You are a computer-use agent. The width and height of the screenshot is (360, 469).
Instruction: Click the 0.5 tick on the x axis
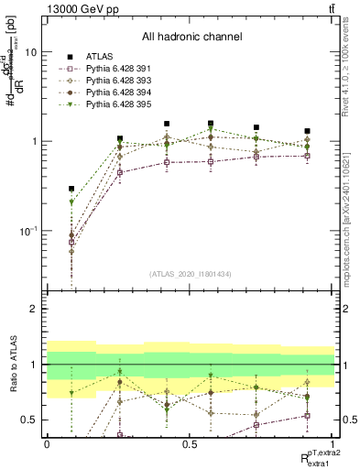[x=190, y=443]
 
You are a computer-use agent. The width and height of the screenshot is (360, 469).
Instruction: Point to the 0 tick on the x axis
[x=47, y=443]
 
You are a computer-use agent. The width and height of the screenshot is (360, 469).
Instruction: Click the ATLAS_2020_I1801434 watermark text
[x=190, y=275]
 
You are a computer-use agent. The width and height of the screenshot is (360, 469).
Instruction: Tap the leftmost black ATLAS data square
[x=71, y=189]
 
